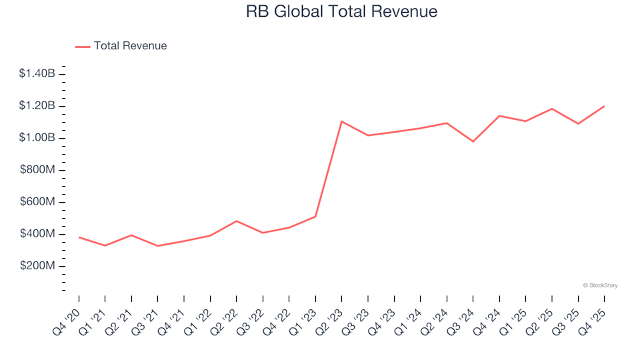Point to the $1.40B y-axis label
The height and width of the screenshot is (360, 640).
click(37, 73)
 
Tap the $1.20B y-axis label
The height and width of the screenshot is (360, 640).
click(37, 106)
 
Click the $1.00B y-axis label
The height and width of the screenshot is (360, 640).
click(37, 138)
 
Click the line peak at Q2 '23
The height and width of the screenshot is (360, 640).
click(341, 121)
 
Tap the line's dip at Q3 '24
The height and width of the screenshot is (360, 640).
click(473, 141)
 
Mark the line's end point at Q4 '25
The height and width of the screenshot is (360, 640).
click(604, 106)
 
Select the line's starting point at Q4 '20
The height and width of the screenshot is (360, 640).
click(79, 237)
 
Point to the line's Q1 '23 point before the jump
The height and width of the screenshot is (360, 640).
click(315, 217)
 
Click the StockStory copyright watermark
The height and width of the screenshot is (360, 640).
click(601, 285)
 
